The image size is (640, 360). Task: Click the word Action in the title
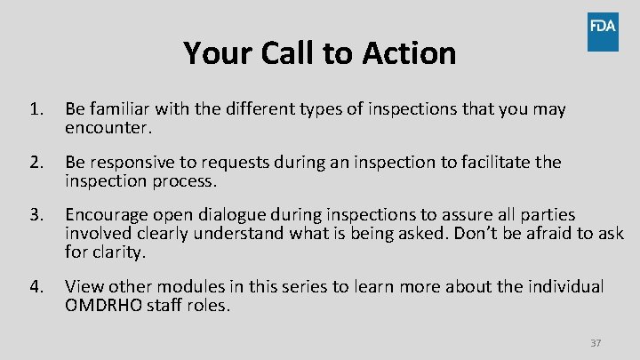click(x=409, y=53)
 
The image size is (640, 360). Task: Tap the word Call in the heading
click(x=289, y=53)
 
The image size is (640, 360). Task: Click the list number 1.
click(x=36, y=110)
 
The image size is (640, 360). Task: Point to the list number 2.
click(x=36, y=163)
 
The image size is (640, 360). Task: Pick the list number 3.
click(x=36, y=215)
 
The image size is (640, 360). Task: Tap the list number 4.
click(x=36, y=287)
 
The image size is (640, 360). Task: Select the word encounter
click(x=108, y=128)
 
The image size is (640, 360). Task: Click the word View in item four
click(x=83, y=287)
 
